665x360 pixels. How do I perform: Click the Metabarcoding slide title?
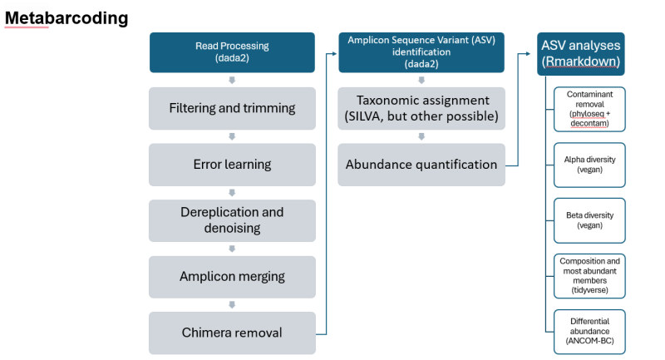[x=66, y=17]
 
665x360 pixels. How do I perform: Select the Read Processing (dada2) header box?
[x=232, y=52]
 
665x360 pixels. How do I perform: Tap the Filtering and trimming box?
[x=232, y=109]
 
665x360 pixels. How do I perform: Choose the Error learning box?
[x=232, y=165]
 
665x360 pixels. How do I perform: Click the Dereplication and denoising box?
[x=232, y=220]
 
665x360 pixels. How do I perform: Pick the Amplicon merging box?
[x=232, y=277]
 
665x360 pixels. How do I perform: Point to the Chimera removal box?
[x=232, y=333]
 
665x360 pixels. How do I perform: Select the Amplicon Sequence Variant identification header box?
[x=421, y=52]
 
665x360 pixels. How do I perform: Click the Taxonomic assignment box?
[x=421, y=108]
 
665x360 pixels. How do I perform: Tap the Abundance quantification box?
[x=421, y=165]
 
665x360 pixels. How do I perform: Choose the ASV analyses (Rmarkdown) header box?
[x=581, y=53]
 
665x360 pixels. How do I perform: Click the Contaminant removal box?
[x=590, y=109]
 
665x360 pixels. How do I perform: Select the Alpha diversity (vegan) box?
[x=590, y=164]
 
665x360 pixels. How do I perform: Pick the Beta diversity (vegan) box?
[x=590, y=220]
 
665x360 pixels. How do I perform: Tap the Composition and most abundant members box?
[x=590, y=276]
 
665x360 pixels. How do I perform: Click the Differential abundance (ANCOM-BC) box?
[x=590, y=332]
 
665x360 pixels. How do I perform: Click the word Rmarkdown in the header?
[x=583, y=62]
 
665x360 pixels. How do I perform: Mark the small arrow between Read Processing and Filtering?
[x=232, y=81]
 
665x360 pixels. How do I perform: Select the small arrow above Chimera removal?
[x=232, y=304]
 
